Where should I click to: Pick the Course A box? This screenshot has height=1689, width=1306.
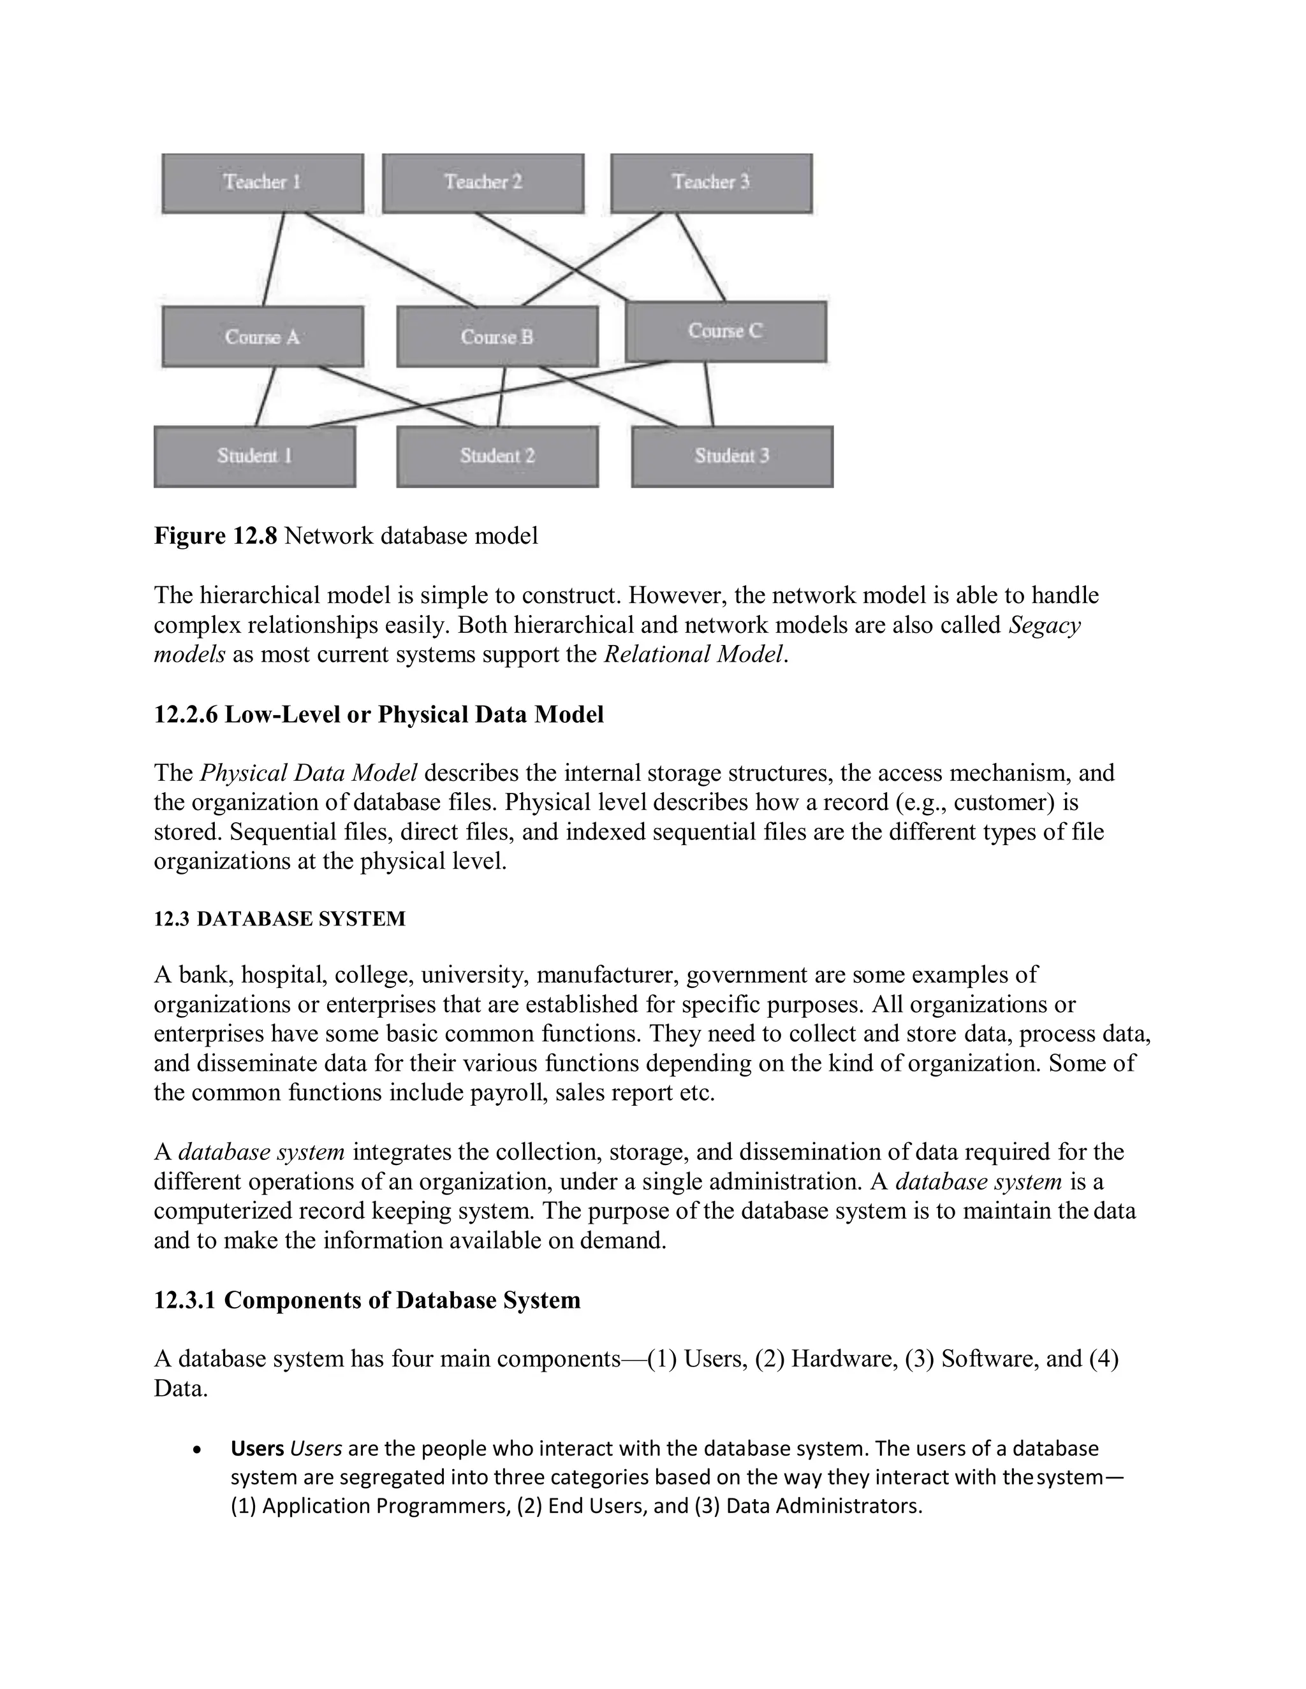[x=262, y=337]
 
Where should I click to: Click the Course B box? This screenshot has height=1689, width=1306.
[x=497, y=337]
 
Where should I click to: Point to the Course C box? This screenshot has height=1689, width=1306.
[x=725, y=331]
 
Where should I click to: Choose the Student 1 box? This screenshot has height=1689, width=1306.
[x=254, y=456]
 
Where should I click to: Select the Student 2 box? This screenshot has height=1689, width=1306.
[x=497, y=456]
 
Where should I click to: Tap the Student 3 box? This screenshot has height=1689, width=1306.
[x=732, y=456]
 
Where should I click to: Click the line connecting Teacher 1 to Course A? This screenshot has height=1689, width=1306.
[x=273, y=259]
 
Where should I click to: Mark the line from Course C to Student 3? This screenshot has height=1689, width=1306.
[x=708, y=394]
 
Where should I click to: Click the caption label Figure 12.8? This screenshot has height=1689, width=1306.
[x=215, y=536]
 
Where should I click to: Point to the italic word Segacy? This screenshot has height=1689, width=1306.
[x=1044, y=625]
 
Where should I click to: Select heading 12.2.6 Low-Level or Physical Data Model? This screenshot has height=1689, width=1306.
[x=378, y=714]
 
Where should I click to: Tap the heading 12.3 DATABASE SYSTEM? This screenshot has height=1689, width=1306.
[x=279, y=918]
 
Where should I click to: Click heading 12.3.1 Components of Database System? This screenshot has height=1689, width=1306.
[x=367, y=1300]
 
